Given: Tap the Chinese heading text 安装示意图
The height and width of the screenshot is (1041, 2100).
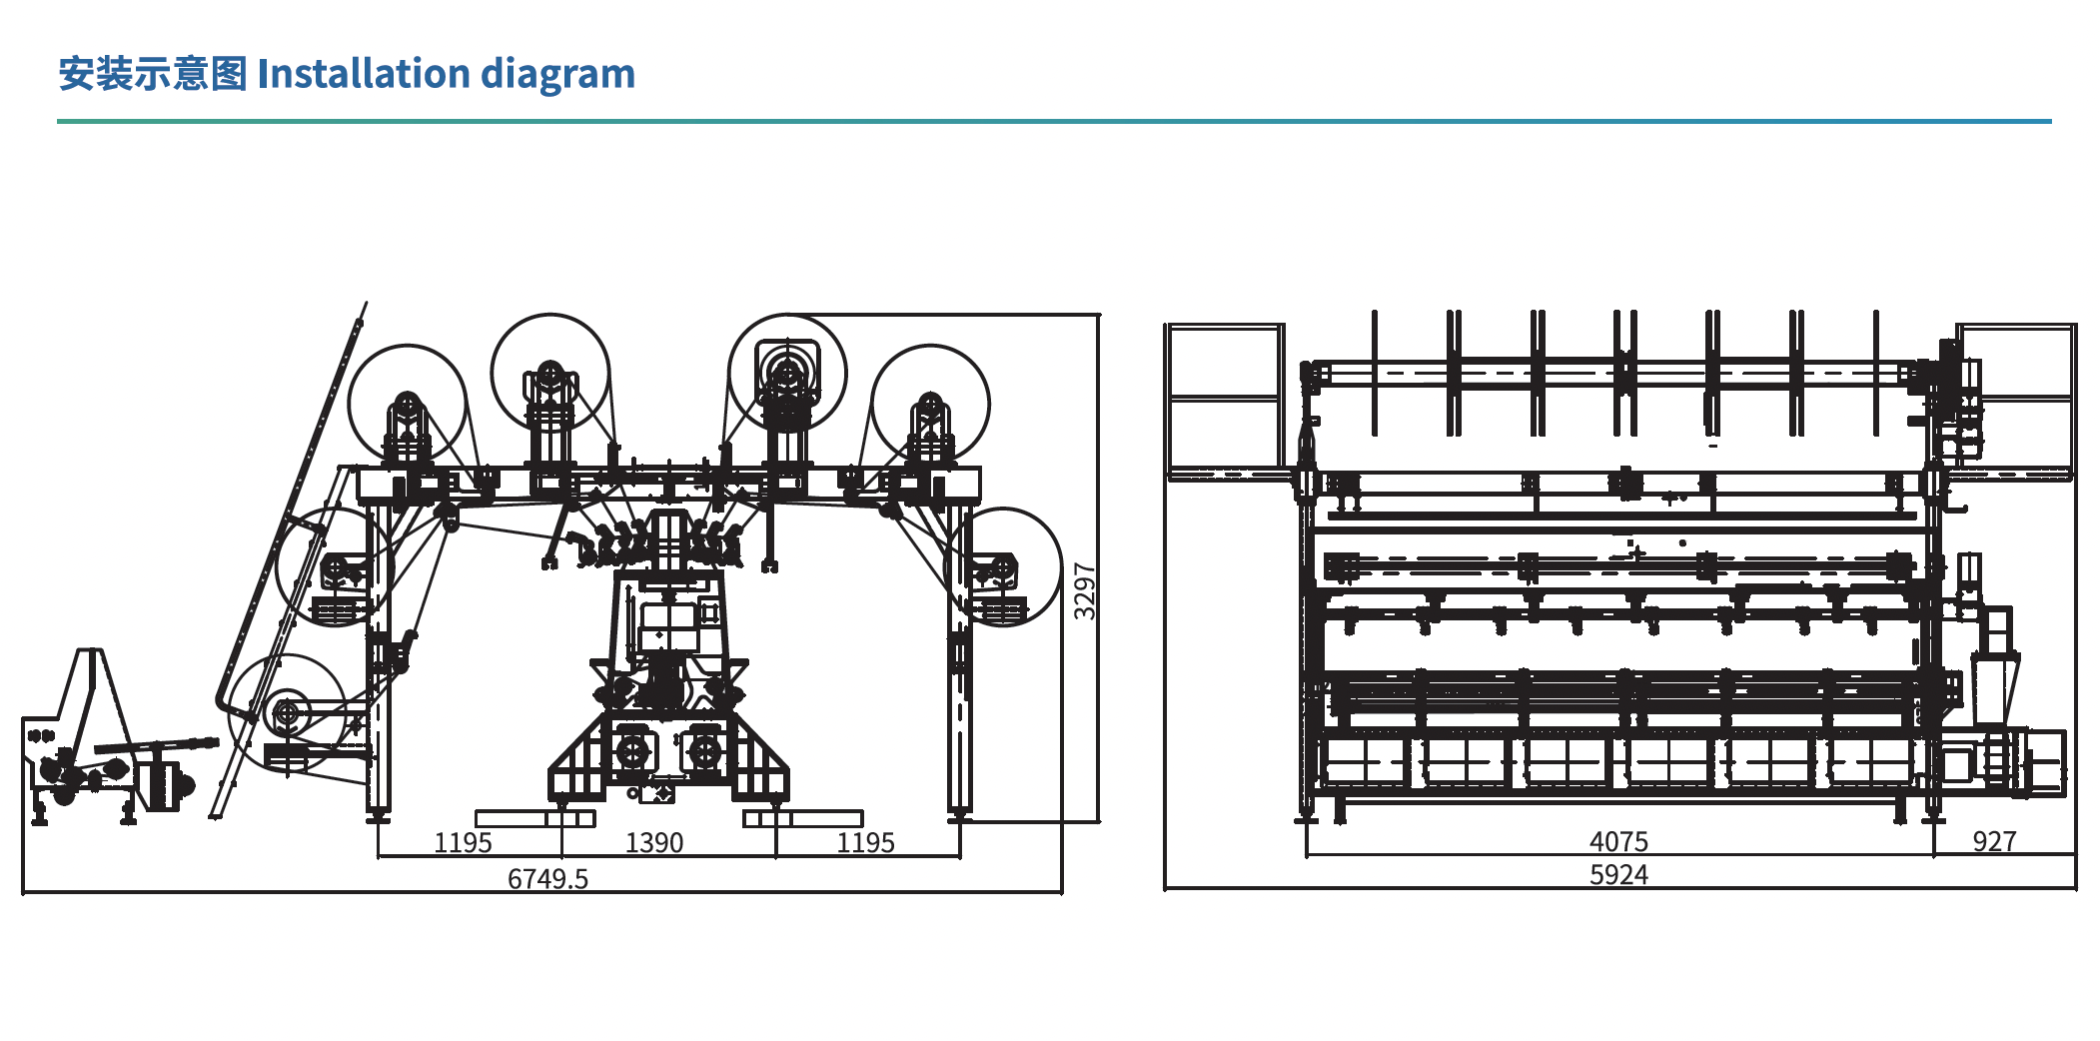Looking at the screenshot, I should (152, 74).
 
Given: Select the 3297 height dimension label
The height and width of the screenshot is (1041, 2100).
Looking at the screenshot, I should (1084, 590).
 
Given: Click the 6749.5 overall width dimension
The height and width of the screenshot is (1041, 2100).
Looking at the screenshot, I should (547, 878).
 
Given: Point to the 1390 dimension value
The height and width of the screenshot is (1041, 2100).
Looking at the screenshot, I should (654, 843).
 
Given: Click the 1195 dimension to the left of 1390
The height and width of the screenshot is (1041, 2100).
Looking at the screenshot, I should (463, 843).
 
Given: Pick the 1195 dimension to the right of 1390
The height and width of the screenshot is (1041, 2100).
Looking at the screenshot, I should (865, 843).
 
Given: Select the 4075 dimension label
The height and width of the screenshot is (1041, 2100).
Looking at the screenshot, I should (1618, 842).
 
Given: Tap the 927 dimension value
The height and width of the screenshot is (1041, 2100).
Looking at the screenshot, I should (1994, 841).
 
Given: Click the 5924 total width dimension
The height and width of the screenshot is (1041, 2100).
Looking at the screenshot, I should (1618, 875).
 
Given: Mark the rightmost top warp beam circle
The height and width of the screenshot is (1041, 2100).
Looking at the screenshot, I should (930, 405).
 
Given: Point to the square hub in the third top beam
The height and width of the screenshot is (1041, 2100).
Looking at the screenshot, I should (787, 372).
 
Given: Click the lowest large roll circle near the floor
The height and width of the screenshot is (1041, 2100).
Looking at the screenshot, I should (287, 713).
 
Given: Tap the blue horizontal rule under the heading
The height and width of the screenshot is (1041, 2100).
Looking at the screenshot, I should (1053, 122).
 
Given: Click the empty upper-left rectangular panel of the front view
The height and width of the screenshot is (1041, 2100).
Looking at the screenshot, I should (1224, 361).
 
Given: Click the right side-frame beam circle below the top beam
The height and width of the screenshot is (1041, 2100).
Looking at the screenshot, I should (1003, 567).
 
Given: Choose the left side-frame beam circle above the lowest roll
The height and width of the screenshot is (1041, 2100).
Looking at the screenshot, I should (335, 567).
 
